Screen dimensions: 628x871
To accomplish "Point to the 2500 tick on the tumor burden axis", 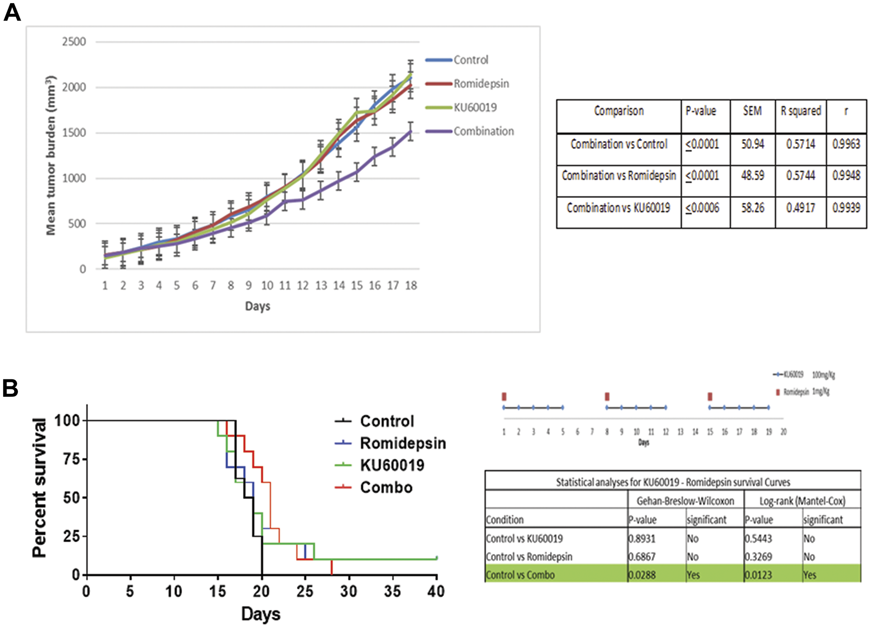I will (x=74, y=42).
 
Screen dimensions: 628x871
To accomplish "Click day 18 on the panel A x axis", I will (x=411, y=286).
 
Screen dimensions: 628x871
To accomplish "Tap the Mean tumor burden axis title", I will (x=51, y=155).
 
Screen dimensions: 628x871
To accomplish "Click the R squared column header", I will (x=800, y=111).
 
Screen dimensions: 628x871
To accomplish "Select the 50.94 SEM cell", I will (x=753, y=144).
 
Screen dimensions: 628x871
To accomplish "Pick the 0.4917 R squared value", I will (x=800, y=208).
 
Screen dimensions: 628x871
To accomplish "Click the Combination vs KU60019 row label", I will (x=618, y=208).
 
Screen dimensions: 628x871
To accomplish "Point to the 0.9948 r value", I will (x=846, y=176).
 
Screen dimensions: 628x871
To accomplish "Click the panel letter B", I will (x=10, y=388).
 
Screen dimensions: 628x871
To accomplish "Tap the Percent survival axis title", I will (x=40, y=488).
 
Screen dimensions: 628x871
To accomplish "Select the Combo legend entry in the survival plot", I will (x=386, y=487).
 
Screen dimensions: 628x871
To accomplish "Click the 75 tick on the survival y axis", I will (x=71, y=459).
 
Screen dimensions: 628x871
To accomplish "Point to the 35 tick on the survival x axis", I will (x=392, y=591).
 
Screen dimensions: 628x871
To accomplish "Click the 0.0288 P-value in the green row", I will (x=642, y=575).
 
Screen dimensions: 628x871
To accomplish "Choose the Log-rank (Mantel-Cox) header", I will (x=802, y=501).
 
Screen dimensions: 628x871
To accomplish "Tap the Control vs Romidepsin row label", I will (x=529, y=557).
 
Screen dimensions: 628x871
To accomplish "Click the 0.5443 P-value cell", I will (x=758, y=539).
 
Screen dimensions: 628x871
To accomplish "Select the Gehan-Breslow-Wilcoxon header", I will (x=685, y=501).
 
